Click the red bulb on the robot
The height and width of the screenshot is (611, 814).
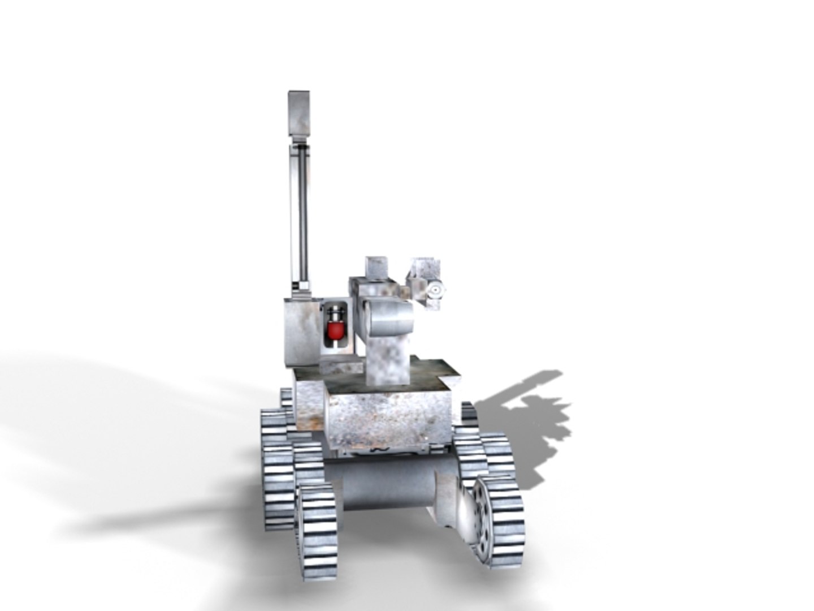tap(336, 330)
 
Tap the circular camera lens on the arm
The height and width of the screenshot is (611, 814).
tap(435, 291)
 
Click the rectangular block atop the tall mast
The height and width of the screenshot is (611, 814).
tap(298, 113)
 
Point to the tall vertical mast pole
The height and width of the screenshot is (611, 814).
tap(300, 215)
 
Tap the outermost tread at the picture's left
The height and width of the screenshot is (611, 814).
tap(275, 470)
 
